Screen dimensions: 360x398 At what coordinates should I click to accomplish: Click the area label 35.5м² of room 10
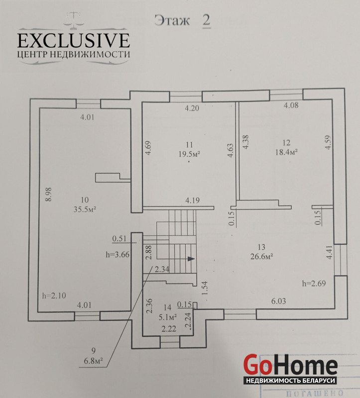(x=85, y=209)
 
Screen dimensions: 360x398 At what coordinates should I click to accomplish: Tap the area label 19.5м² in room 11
(x=189, y=154)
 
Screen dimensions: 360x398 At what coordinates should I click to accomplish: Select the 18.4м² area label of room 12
(x=287, y=152)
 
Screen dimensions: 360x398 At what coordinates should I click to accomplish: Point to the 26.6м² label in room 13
(x=262, y=257)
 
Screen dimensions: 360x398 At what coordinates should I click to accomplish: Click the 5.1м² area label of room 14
(x=168, y=317)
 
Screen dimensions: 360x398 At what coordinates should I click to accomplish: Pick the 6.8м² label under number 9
(x=93, y=361)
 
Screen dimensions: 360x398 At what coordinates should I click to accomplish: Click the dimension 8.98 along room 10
(x=48, y=195)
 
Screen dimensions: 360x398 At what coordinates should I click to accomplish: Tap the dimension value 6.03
(x=279, y=301)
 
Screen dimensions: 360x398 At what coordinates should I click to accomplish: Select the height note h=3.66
(x=118, y=254)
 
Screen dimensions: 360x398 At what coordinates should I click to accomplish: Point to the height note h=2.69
(x=314, y=283)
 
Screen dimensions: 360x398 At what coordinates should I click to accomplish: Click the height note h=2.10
(x=54, y=296)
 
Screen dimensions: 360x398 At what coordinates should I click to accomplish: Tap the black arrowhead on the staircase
(x=191, y=259)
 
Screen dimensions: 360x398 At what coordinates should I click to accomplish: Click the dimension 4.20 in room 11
(x=192, y=108)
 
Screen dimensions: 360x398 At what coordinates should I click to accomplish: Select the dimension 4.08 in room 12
(x=291, y=105)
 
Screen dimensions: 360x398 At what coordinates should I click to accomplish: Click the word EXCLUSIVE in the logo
(x=74, y=41)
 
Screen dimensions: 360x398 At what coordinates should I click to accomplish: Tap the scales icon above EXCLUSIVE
(x=74, y=19)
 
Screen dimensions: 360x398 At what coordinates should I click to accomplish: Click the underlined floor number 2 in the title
(x=207, y=20)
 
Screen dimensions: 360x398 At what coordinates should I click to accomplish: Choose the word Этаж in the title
(x=172, y=20)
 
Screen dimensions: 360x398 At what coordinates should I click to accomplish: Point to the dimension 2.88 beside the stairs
(x=149, y=252)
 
